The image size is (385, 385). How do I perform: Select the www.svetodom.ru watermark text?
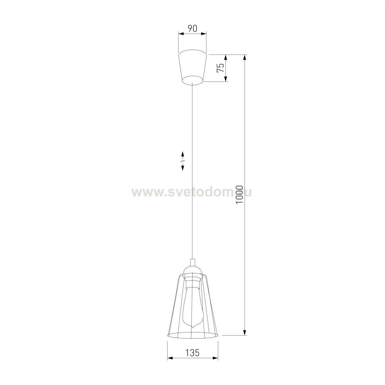[191, 192]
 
